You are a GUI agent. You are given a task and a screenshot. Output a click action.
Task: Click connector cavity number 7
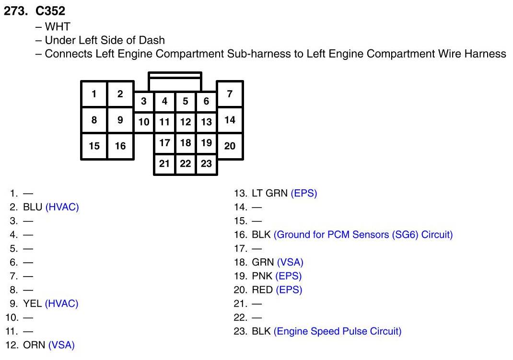point(230,93)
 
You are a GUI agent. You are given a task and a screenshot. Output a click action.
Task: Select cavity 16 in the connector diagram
point(120,146)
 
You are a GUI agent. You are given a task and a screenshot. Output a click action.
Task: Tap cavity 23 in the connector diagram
point(206,163)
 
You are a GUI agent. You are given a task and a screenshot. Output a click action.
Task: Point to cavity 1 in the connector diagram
point(94,93)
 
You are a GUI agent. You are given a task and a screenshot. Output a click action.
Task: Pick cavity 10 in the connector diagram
point(143,122)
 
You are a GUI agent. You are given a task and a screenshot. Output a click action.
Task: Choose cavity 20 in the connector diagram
point(230,146)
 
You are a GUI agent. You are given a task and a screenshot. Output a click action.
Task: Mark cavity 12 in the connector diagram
point(186,122)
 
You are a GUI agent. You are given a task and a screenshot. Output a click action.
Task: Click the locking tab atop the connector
point(175,82)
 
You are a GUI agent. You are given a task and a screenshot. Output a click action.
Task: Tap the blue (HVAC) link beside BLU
point(62,207)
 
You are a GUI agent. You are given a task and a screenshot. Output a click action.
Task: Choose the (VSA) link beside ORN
point(61,345)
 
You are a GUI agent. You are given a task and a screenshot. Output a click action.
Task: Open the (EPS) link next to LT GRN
point(304,193)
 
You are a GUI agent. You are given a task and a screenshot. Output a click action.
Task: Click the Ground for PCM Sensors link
point(363,235)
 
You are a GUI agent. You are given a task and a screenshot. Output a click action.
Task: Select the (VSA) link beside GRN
point(290,262)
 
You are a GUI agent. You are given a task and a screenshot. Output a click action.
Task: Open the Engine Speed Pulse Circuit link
point(337,331)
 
